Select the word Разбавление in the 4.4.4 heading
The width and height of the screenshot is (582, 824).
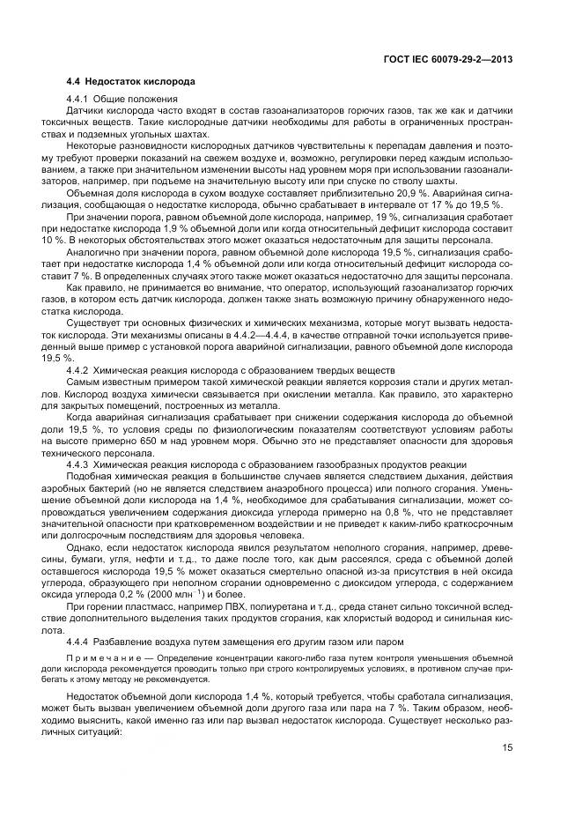[122, 642]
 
